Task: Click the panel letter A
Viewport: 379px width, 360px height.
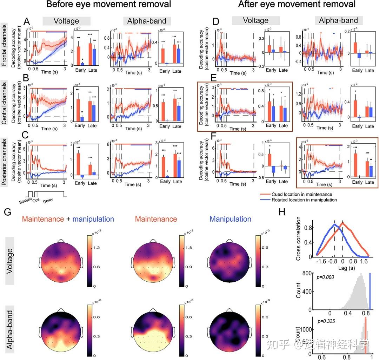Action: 26,22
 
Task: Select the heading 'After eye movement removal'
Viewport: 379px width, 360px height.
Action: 297,5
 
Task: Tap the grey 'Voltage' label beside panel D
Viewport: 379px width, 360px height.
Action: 256,21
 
